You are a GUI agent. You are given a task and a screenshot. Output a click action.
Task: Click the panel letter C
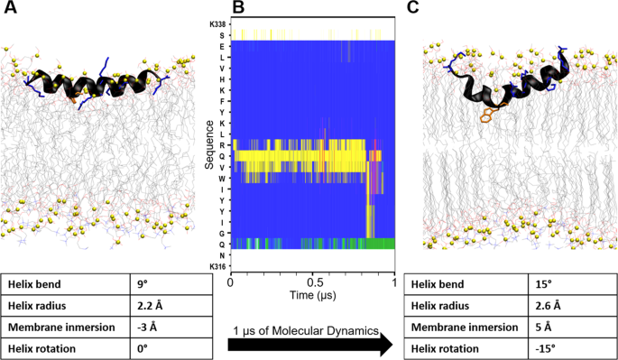coord(413,9)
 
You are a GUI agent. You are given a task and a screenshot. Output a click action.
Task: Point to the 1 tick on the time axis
coord(394,282)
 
